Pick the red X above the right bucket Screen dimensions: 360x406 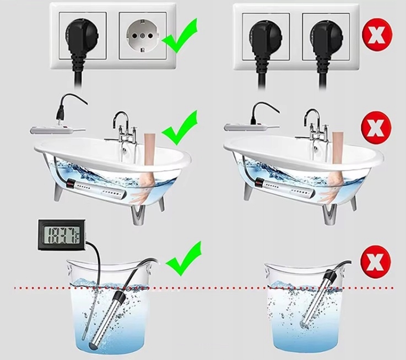pos(377,259)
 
